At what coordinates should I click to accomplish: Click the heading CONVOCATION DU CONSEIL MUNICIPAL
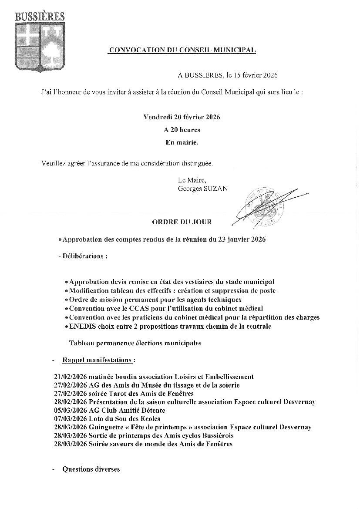point(182,51)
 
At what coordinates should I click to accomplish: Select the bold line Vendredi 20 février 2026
point(182,118)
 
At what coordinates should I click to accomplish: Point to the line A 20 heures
point(182,130)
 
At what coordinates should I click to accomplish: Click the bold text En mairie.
point(182,142)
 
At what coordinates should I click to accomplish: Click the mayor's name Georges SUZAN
point(202,188)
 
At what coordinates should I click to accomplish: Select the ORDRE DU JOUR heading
point(182,222)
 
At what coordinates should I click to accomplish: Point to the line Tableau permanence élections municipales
point(135,343)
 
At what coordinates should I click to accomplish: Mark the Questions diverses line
point(91,469)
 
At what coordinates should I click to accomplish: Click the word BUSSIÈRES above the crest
point(40,17)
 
